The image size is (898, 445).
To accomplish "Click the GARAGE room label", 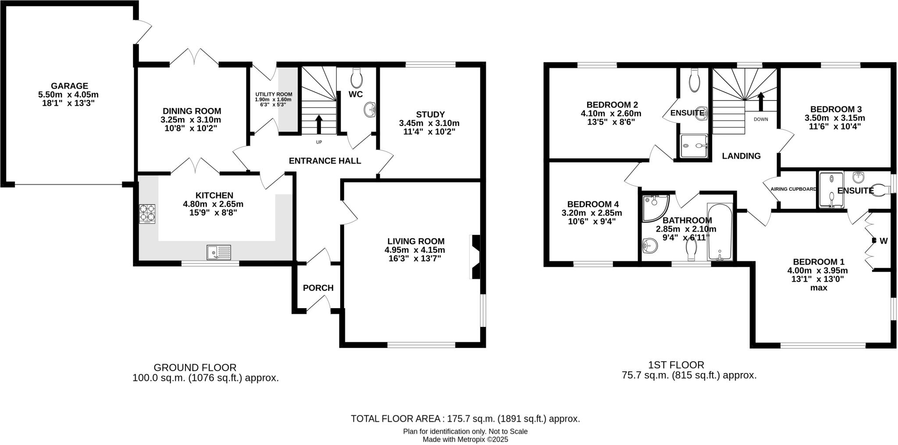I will point(69,86).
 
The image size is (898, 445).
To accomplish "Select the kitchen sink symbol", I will point(218,252).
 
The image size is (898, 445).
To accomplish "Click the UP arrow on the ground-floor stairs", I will point(319,124).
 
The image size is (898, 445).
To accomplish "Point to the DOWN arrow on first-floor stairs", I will point(761,101).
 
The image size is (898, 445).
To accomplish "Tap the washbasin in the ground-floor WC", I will point(371,109).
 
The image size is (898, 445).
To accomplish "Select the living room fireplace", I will point(475,257).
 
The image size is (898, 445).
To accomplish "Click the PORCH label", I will point(318,288).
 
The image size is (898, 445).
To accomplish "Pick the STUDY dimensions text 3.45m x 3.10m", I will point(429,123).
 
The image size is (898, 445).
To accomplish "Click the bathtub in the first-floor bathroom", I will point(720,232).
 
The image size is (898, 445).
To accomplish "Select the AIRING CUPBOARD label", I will point(793,189).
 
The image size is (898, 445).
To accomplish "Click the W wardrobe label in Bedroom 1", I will point(884,241).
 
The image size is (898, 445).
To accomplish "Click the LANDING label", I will point(741,156).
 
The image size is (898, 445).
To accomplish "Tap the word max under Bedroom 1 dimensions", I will point(818,288).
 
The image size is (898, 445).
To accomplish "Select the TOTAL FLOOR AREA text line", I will point(465,419).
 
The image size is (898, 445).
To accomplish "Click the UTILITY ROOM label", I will point(274,94).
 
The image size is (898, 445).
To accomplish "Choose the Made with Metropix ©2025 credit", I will point(465,439).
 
